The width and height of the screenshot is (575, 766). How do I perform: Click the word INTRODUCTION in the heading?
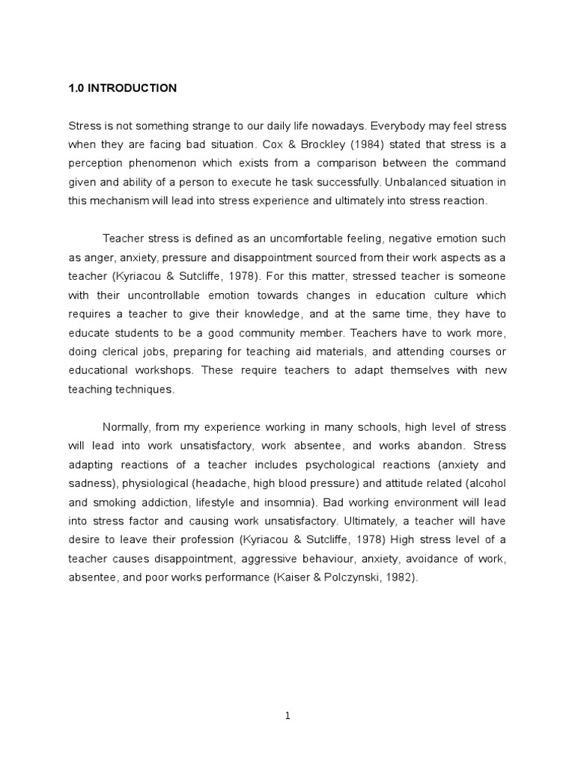click(x=133, y=88)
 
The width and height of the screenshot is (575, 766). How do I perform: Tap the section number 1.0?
click(x=76, y=88)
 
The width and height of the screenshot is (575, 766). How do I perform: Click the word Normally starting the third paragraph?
click(x=127, y=426)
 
